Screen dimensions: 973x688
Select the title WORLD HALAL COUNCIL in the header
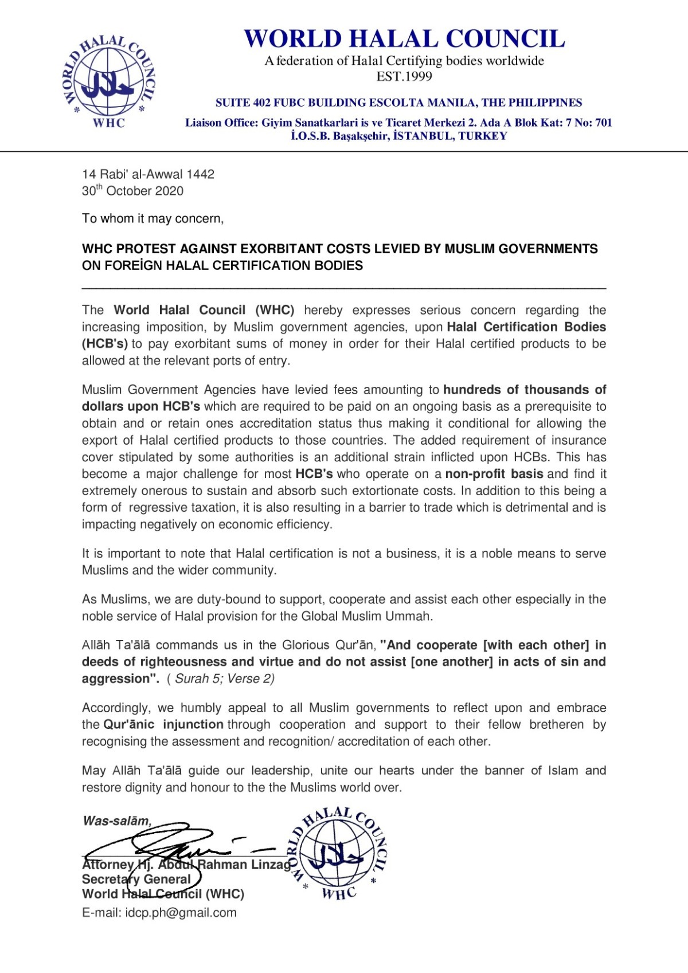404,39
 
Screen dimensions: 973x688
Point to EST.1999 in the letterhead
404,76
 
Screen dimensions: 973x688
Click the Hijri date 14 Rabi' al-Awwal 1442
148,174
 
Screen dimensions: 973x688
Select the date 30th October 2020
132,191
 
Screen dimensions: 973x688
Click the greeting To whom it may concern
153,218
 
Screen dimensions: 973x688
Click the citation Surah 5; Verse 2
224,678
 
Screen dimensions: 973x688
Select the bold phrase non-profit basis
494,474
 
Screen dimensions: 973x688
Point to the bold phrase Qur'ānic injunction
163,724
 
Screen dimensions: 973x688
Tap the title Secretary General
136,879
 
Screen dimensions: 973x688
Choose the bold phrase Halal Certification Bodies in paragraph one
526,327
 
